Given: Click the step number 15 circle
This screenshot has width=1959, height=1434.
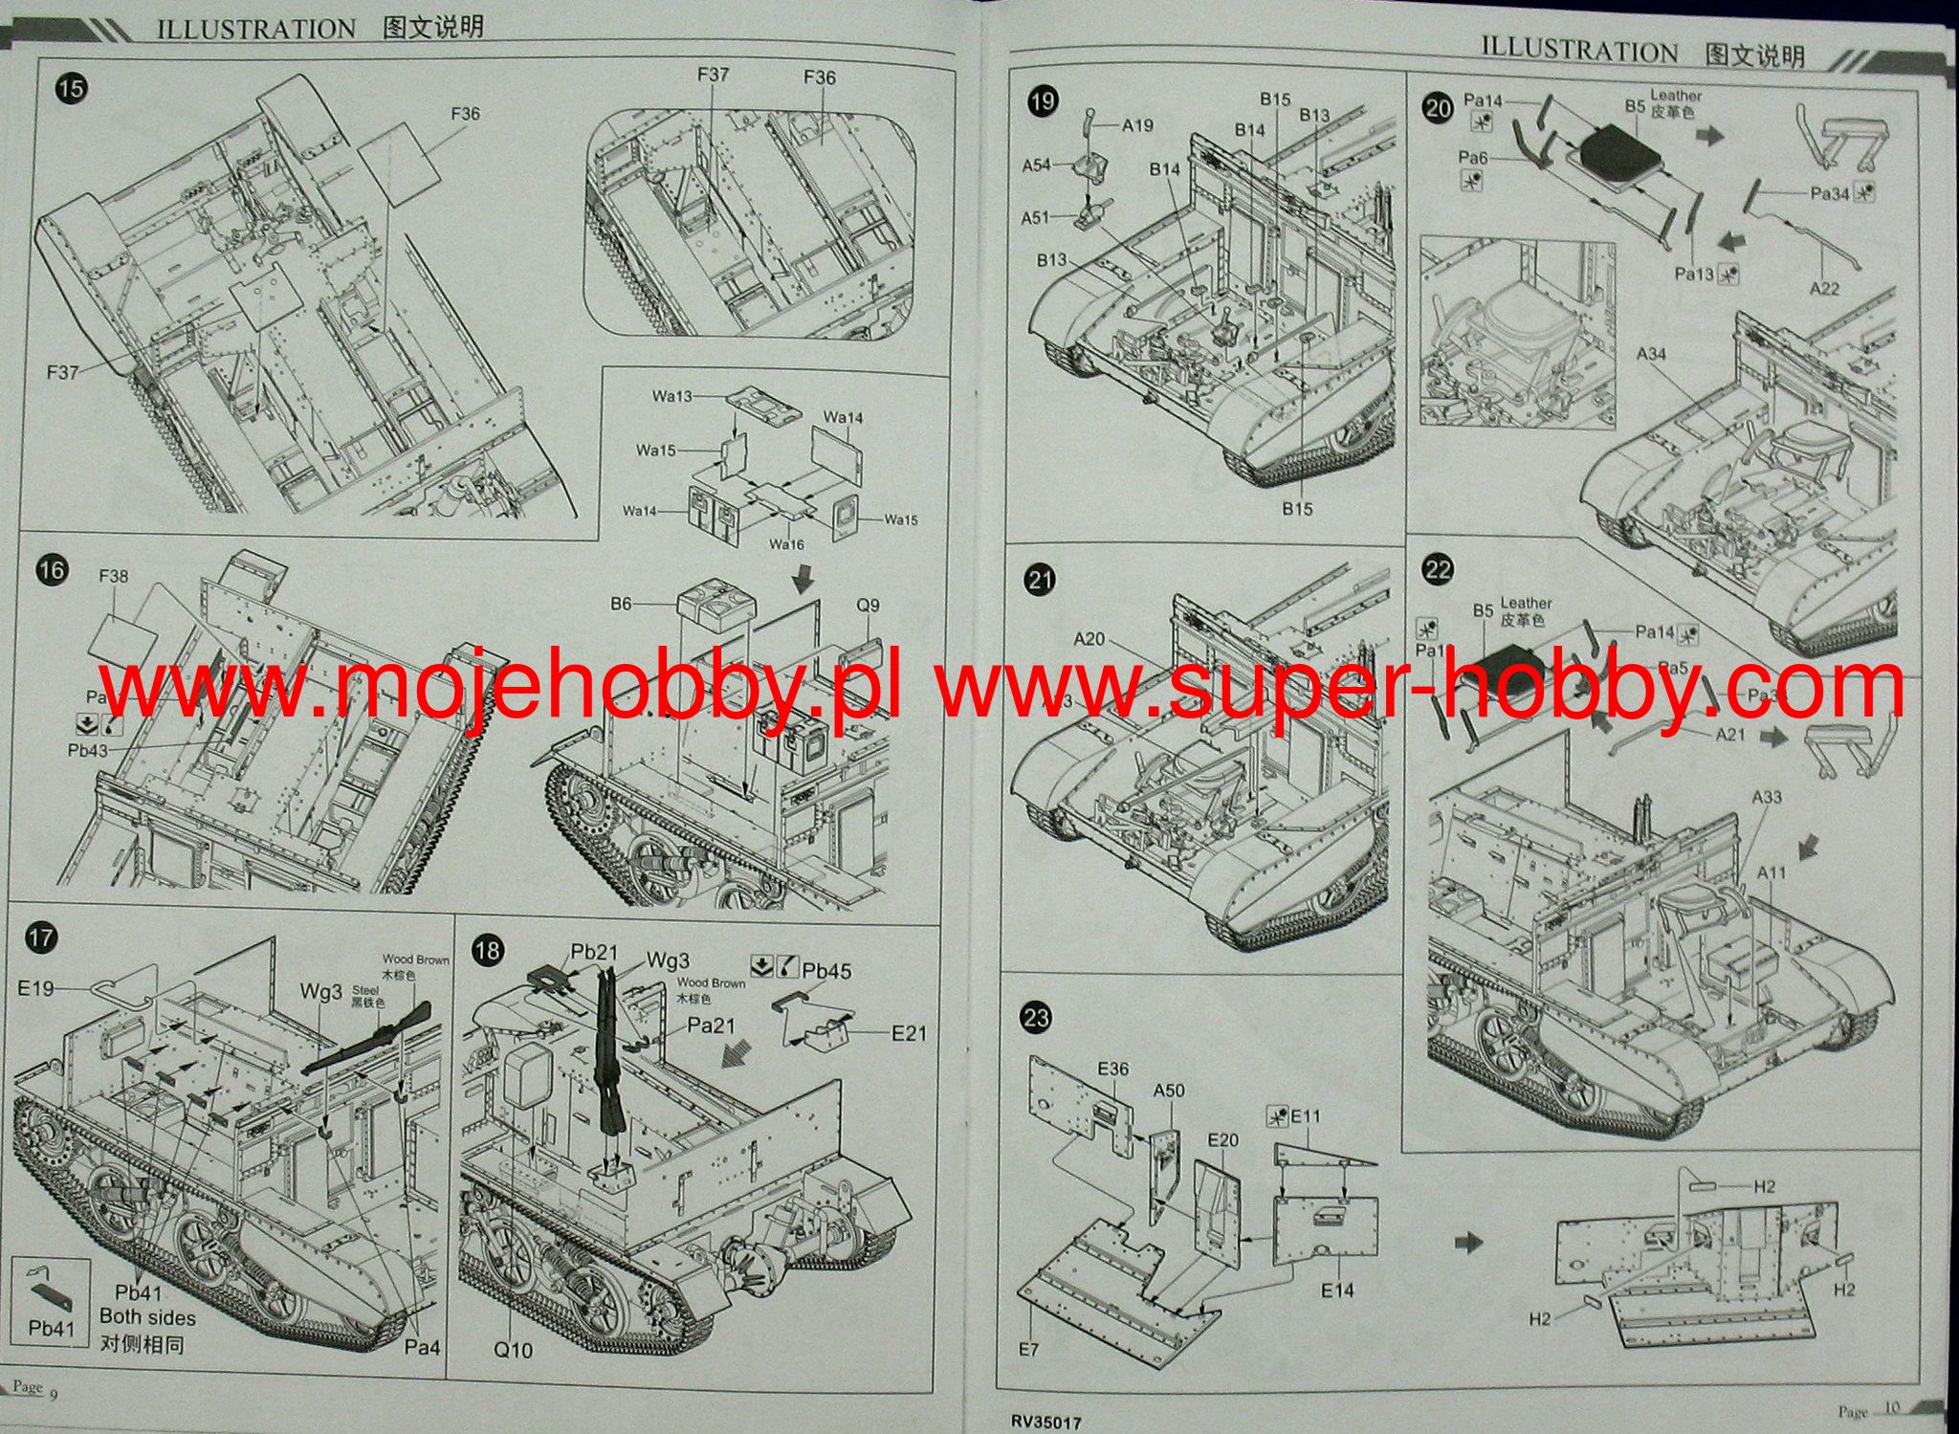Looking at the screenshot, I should [x=71, y=89].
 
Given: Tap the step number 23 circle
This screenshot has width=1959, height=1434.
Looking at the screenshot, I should [x=1037, y=1017].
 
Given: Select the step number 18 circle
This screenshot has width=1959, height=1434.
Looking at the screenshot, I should [x=488, y=949].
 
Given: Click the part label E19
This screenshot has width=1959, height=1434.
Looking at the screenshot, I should [x=36, y=987].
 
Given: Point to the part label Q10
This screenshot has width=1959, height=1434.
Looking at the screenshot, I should [x=513, y=1350].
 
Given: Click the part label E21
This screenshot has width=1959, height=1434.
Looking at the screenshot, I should [x=909, y=1033].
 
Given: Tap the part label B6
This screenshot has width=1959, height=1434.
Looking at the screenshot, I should [x=621, y=604].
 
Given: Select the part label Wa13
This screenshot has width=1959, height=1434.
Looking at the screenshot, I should [x=672, y=396].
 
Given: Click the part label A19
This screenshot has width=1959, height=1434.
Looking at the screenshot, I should [x=1137, y=125].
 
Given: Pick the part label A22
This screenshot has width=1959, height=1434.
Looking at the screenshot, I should [x=1824, y=288].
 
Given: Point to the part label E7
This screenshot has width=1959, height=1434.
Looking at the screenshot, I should [x=1028, y=1349].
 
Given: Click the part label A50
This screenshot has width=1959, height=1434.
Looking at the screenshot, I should [x=1169, y=1091].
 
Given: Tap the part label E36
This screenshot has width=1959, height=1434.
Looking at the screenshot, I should [x=1113, y=1069].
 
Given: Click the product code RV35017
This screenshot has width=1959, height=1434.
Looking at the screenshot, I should [x=1046, y=1423].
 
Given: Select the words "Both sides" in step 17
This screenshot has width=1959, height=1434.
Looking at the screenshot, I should [x=147, y=1317].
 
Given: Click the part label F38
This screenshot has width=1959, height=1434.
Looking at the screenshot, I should [x=113, y=576].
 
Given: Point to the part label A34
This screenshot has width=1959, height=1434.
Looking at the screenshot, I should [x=1651, y=354].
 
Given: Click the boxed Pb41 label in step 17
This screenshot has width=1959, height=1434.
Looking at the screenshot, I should [x=51, y=1328].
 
